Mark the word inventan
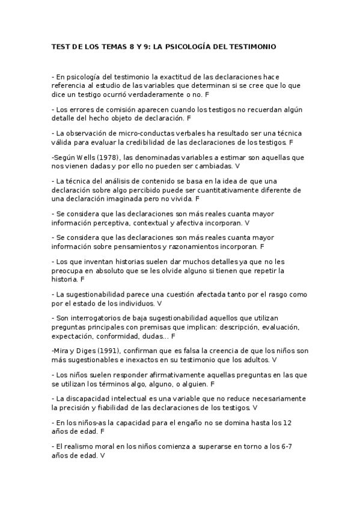pos(84,262)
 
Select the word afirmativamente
pos(150,374)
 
